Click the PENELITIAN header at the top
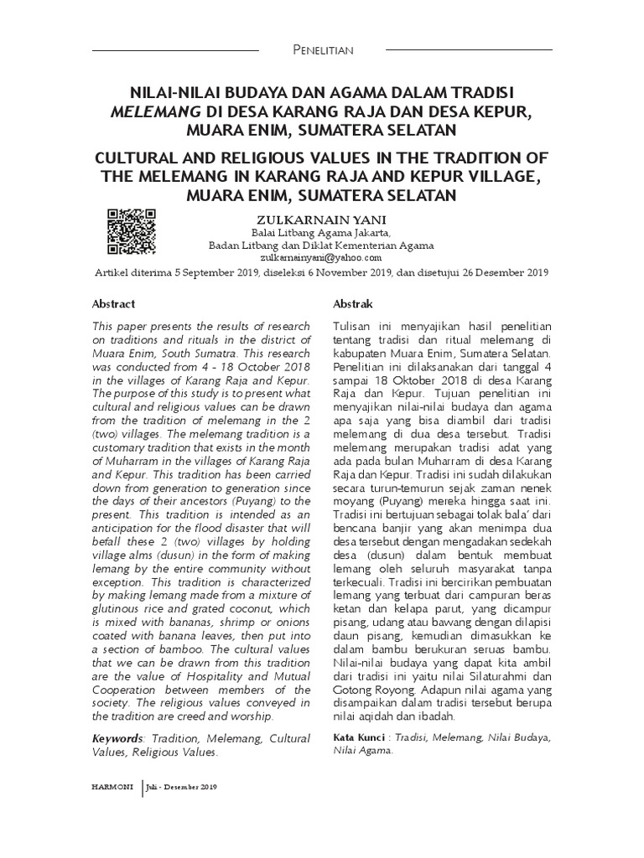coord(321,50)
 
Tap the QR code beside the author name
coord(132,231)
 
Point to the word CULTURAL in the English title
coord(138,159)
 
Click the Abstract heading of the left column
coord(113,303)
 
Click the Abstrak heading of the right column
coord(353,303)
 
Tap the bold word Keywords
coord(117,738)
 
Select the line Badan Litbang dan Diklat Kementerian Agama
coord(320,246)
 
